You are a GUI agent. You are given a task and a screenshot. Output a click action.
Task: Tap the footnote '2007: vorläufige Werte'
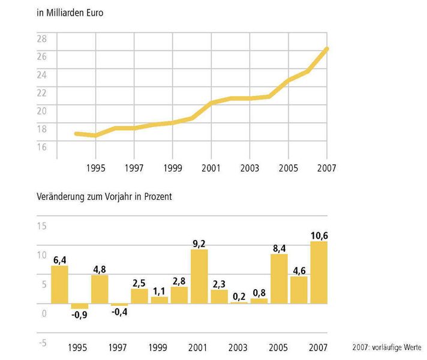point(387,347)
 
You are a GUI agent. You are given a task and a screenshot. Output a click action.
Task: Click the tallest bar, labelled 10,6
point(318,272)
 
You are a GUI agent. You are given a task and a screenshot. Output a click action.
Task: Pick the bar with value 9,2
point(199,277)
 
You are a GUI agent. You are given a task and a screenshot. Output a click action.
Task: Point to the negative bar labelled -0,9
point(79,306)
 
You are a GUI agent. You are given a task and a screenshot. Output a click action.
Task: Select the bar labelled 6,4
point(59,284)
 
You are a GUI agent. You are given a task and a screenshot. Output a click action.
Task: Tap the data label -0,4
point(119,313)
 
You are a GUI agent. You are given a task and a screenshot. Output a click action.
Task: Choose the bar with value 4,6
point(299,290)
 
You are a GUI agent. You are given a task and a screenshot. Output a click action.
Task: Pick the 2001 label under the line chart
point(211,169)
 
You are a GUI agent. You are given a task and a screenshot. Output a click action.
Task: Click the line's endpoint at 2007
point(326,49)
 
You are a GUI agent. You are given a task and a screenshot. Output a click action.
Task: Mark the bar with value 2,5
point(139,296)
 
